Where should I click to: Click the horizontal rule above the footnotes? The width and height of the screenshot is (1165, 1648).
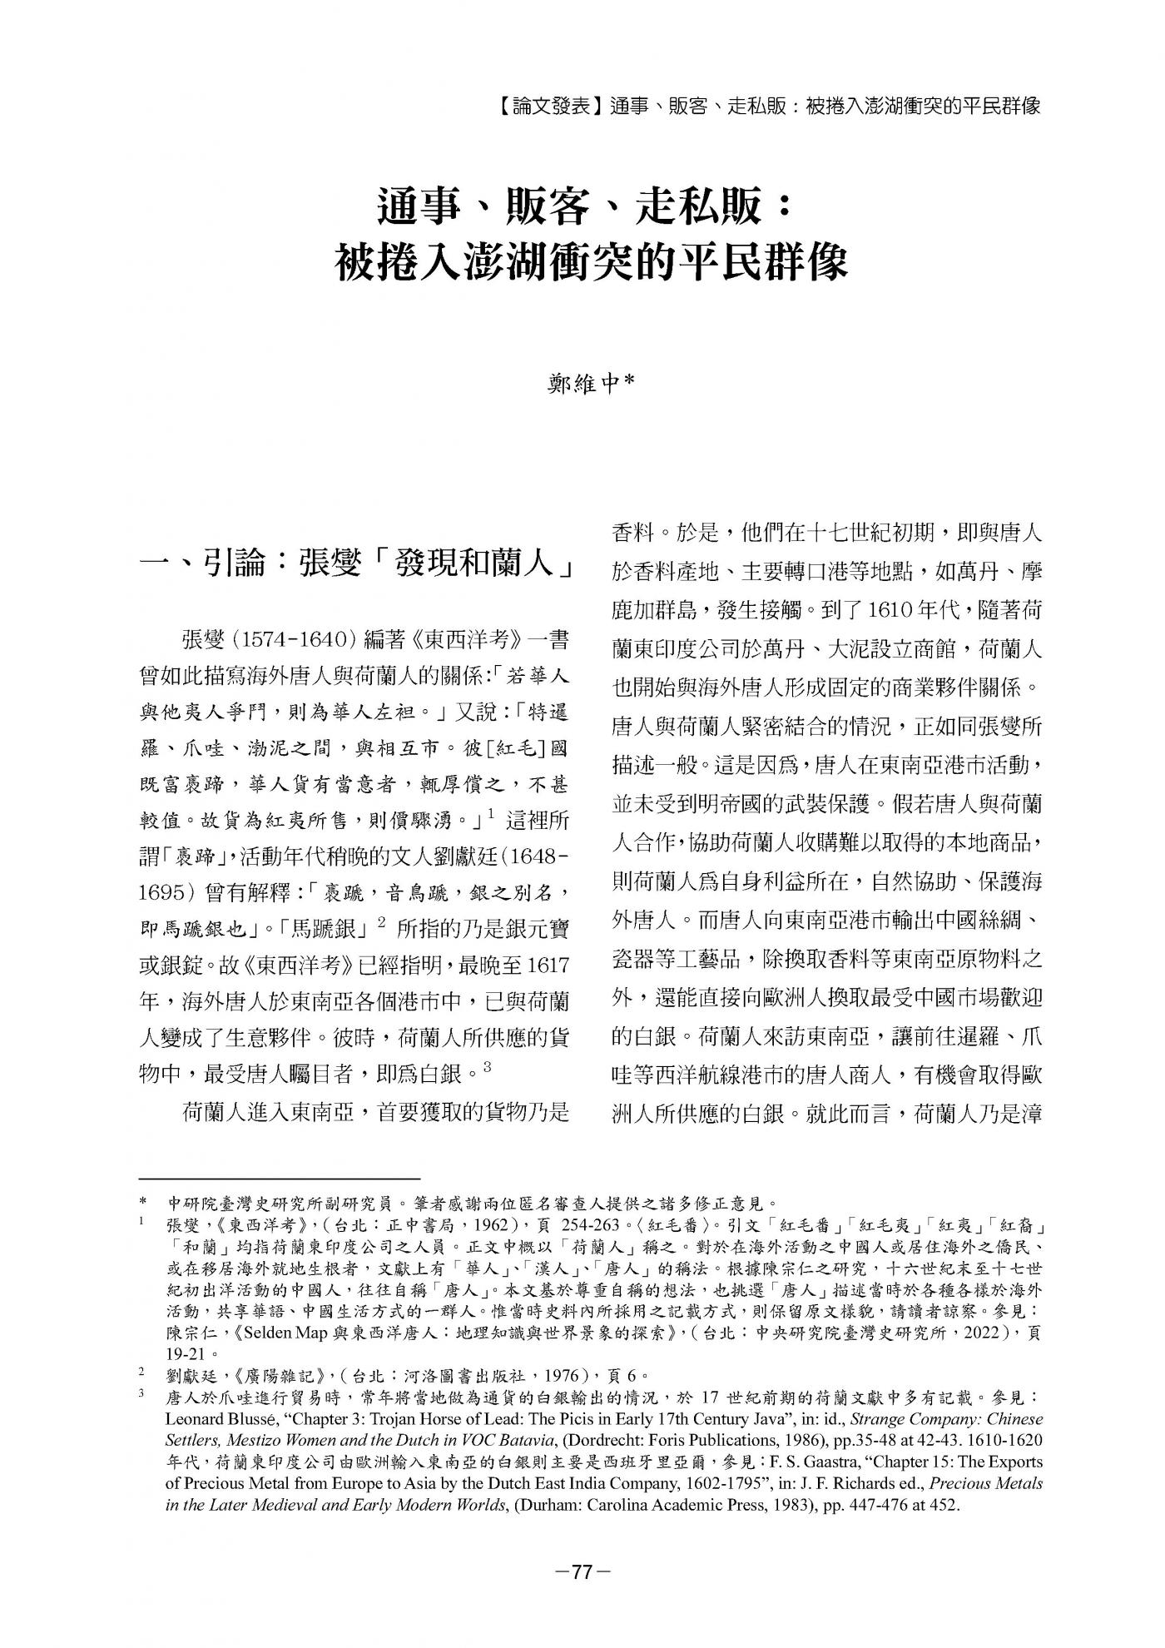coord(279,1178)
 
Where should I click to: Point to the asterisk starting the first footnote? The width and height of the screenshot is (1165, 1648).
coord(143,1204)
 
